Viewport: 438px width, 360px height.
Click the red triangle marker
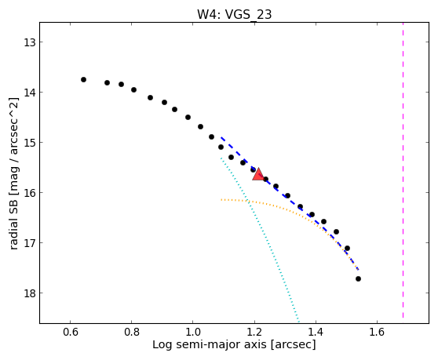click(x=258, y=174)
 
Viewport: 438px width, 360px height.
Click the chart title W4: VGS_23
click(x=235, y=15)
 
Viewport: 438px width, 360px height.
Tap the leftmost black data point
click(x=83, y=79)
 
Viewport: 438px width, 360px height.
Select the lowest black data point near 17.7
click(x=359, y=278)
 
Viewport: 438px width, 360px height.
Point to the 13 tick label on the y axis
click(x=29, y=42)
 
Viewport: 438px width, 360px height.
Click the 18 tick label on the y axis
click(x=29, y=293)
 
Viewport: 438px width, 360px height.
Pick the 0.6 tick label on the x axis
click(x=71, y=333)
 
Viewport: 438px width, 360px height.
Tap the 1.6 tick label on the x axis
click(x=377, y=333)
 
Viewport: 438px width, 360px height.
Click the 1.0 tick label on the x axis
click(x=193, y=333)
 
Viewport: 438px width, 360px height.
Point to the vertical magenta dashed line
click(x=403, y=170)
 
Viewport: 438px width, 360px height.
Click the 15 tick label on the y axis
click(x=29, y=143)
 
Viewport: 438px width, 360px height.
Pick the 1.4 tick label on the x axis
click(x=316, y=333)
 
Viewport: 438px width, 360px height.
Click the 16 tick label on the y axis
click(x=29, y=193)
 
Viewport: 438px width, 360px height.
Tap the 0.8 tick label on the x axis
click(x=132, y=333)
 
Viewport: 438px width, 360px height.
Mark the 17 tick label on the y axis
click(x=29, y=243)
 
